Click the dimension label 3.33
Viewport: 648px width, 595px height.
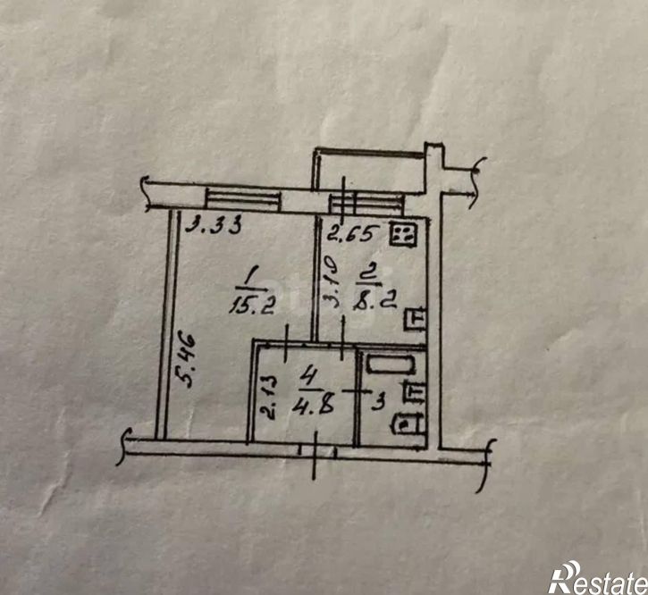point(213,226)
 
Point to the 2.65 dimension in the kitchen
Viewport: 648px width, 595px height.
point(353,234)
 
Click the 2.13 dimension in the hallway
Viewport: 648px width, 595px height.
point(269,398)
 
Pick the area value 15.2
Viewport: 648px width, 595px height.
point(252,306)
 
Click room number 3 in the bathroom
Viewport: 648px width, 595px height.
point(378,402)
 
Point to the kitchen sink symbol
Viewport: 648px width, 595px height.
point(415,320)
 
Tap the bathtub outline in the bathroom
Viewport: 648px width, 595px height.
point(391,365)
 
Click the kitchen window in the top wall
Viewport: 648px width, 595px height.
point(366,204)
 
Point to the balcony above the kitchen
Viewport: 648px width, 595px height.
point(370,170)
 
